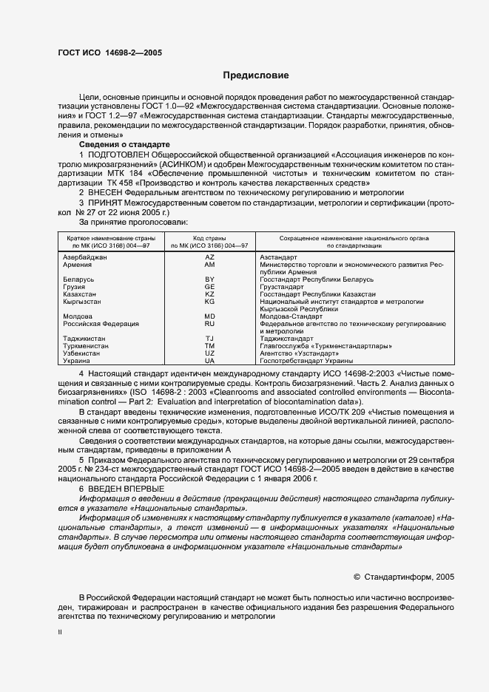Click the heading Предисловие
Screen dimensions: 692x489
click(x=256, y=75)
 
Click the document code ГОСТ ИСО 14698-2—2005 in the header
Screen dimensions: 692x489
click(x=109, y=53)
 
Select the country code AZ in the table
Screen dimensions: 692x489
click(x=209, y=257)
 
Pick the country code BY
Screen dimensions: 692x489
click(x=209, y=279)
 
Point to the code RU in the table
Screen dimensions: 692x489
click(x=209, y=324)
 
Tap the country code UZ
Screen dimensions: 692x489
click(x=209, y=353)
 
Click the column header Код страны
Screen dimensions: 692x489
click(x=209, y=237)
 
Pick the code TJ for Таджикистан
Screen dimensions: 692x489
click(x=209, y=339)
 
